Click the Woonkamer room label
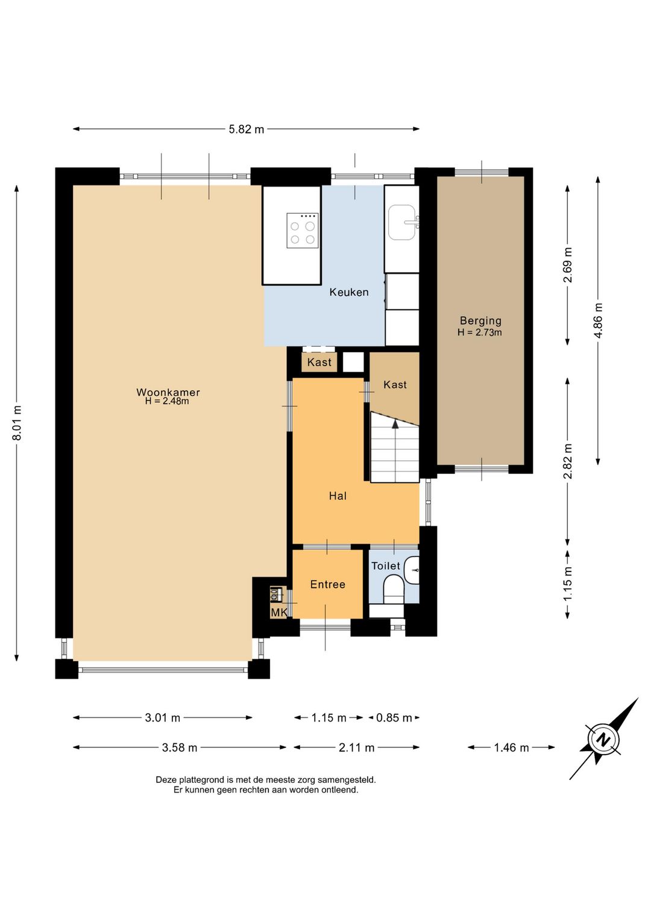(x=168, y=392)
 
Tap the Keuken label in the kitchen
(x=348, y=292)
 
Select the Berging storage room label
(x=480, y=321)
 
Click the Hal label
(x=338, y=496)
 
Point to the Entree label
(x=328, y=584)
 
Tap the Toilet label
(x=386, y=565)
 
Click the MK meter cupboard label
(x=279, y=612)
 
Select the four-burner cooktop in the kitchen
(x=303, y=231)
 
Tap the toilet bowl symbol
(x=394, y=589)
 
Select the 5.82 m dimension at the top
(x=247, y=129)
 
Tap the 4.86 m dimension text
(x=598, y=320)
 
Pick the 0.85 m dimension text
(x=394, y=718)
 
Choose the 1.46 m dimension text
(x=511, y=747)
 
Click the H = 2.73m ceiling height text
(x=480, y=332)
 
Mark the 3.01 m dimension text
(x=163, y=718)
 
